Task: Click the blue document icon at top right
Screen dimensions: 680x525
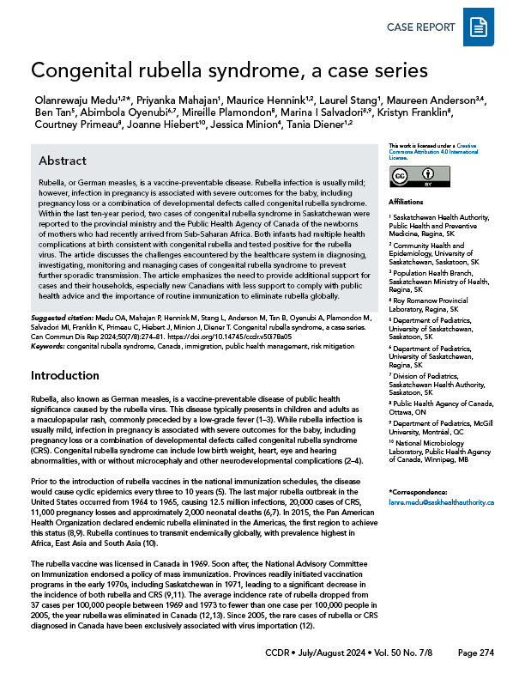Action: tap(478, 30)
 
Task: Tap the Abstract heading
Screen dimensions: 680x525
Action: tap(63, 161)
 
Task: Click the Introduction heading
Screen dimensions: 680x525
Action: tap(65, 376)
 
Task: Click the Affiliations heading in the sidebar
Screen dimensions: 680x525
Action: tap(405, 203)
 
